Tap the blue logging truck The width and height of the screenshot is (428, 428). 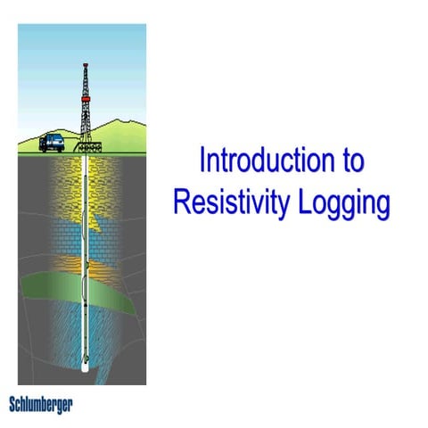51,140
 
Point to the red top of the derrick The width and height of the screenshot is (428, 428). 86,65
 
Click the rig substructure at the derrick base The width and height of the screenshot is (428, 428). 86,143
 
